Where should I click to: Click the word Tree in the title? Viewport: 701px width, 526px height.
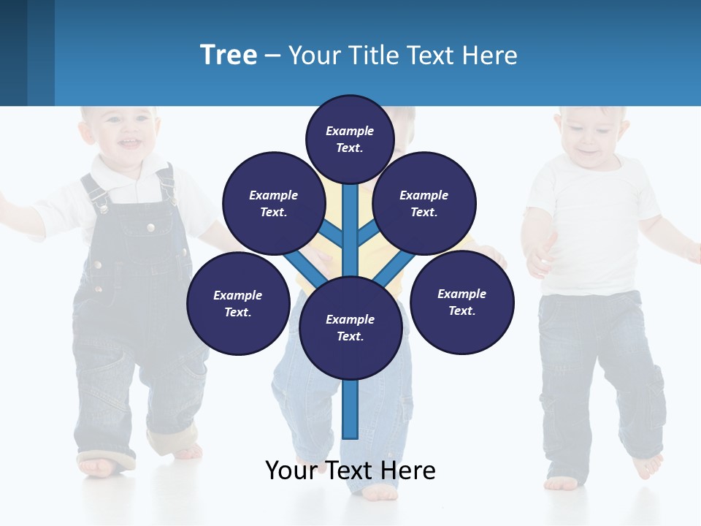tap(229, 55)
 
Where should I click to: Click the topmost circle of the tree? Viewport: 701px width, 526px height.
tap(350, 139)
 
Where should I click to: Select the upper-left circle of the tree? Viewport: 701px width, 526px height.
tap(273, 203)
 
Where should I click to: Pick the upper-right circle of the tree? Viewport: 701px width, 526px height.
tap(424, 203)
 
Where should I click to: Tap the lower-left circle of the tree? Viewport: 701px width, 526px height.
tap(238, 303)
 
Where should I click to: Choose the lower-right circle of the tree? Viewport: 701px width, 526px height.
tap(461, 302)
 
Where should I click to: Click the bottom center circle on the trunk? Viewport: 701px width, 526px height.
tap(350, 327)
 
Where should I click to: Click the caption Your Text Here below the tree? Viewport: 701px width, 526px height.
tap(350, 470)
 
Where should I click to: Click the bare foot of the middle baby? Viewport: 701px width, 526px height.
tap(380, 492)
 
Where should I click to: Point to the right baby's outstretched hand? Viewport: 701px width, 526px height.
tap(539, 256)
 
